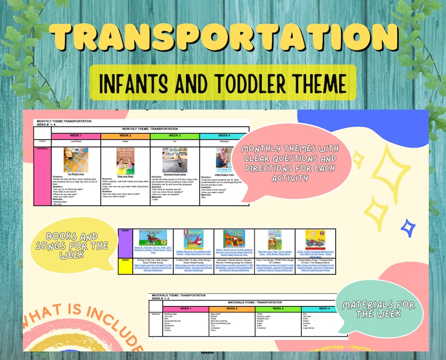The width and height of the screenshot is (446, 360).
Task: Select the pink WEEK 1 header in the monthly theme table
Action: click(76, 136)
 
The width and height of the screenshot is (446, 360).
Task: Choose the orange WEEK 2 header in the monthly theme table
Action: click(125, 136)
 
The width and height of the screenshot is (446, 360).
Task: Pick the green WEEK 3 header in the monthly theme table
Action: click(174, 136)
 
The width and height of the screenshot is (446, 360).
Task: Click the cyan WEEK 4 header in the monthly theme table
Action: click(224, 136)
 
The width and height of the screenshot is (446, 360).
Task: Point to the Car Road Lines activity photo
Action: click(76, 160)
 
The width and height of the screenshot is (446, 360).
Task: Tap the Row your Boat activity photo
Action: click(125, 160)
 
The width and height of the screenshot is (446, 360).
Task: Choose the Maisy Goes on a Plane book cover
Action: click(234, 239)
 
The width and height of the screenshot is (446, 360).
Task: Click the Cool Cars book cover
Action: click(315, 239)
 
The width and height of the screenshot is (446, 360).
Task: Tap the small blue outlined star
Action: click(408, 226)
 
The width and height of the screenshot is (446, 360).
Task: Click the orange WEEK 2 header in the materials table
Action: click(231, 308)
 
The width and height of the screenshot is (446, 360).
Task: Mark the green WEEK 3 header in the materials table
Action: click(279, 308)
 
